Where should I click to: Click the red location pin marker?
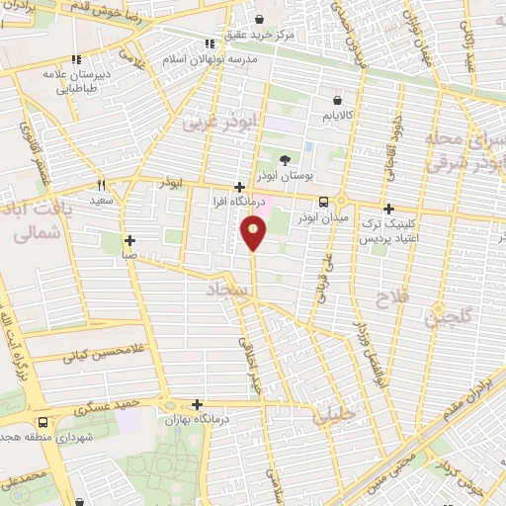254,233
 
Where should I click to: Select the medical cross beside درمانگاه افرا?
239,187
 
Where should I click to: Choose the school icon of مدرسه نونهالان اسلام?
209,42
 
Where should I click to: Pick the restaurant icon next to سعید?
101,185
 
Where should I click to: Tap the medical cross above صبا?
129,240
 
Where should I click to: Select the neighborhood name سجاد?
224,291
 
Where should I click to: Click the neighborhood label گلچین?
446,317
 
